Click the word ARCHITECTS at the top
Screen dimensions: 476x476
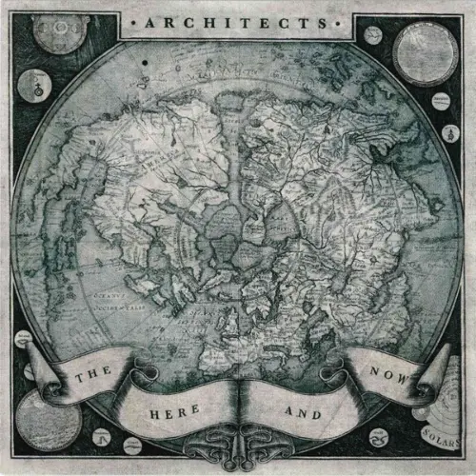(x=238, y=20)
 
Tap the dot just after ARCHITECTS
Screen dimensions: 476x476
(x=345, y=20)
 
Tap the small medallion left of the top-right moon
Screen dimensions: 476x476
(x=373, y=34)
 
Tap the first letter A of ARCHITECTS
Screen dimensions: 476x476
(x=149, y=20)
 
